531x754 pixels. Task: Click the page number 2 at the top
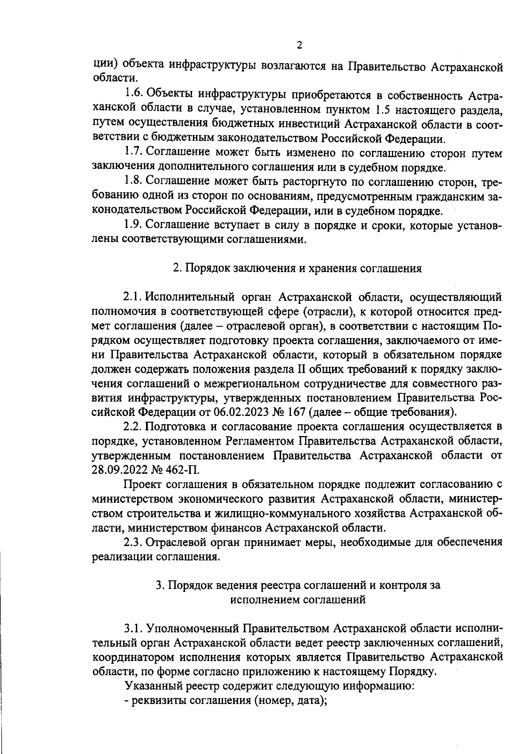click(x=299, y=45)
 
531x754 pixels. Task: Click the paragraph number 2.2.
click(x=132, y=427)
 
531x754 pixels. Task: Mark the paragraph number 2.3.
click(x=132, y=542)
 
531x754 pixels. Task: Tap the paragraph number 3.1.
click(x=132, y=628)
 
